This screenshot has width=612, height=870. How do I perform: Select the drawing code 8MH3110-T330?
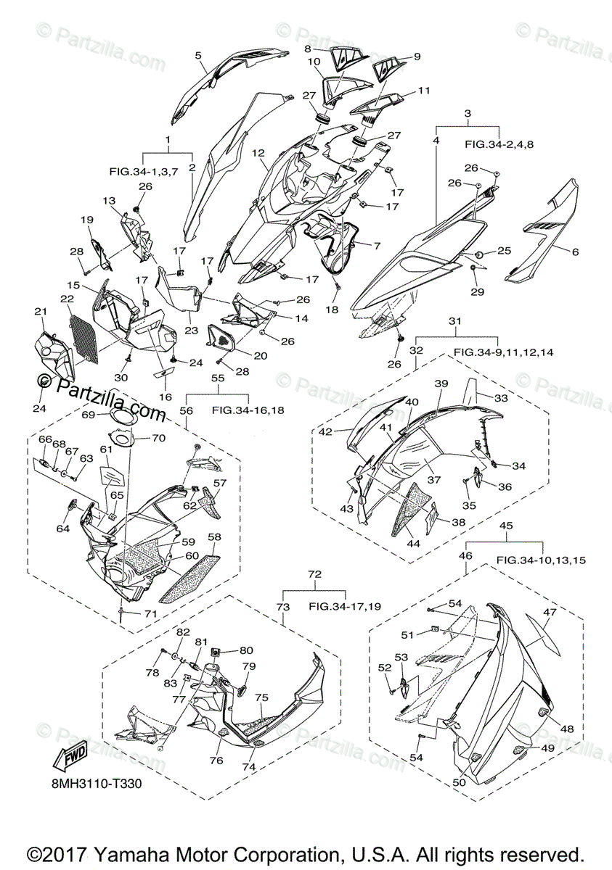pyautogui.click(x=96, y=784)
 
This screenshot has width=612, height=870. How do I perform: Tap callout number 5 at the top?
pyautogui.click(x=198, y=54)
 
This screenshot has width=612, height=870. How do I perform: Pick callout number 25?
pyautogui.click(x=504, y=251)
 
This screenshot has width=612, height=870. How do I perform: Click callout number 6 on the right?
pyautogui.click(x=575, y=252)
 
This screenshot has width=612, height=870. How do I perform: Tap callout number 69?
pyautogui.click(x=89, y=415)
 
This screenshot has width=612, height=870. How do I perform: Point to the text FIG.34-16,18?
pyautogui.click(x=248, y=410)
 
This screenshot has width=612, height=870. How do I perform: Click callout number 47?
pyautogui.click(x=550, y=613)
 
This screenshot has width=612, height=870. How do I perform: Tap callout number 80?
pyautogui.click(x=247, y=650)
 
